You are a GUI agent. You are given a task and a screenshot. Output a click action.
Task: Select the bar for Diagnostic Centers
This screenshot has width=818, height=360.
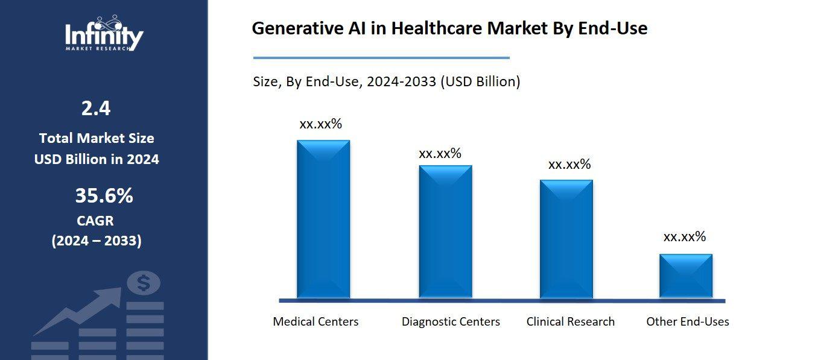446,232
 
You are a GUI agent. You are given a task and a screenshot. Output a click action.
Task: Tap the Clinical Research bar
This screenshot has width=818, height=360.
566,239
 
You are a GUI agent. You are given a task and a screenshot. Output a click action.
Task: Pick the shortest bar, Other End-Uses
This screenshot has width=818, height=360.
686,276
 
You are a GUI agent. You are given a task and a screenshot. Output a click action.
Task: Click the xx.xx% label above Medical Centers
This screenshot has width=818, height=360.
320,124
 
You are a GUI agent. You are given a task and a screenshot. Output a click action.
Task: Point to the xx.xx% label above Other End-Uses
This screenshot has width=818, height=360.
684,237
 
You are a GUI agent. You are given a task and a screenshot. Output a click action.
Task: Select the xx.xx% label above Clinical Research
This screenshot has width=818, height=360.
569,165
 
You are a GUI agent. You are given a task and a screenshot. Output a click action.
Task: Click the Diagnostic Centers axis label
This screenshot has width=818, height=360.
451,321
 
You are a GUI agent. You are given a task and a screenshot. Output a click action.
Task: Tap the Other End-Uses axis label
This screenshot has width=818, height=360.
687,321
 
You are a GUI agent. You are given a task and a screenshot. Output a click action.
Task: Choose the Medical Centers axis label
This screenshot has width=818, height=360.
315,321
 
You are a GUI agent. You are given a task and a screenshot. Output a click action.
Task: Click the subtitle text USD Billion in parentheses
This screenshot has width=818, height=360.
480,81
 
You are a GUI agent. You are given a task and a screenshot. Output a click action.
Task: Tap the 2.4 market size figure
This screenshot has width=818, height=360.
96,109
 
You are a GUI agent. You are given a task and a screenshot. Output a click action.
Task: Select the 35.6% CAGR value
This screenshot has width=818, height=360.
104,196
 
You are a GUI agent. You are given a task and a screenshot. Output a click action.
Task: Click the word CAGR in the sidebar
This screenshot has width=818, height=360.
95,221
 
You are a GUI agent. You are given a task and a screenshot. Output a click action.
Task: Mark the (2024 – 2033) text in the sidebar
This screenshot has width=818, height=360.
97,241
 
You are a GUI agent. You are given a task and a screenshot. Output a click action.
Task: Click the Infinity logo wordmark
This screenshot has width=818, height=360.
104,36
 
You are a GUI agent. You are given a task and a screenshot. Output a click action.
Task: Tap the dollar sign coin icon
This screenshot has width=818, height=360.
144,282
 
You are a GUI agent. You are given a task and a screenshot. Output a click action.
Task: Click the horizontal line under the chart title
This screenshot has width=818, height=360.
381,58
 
